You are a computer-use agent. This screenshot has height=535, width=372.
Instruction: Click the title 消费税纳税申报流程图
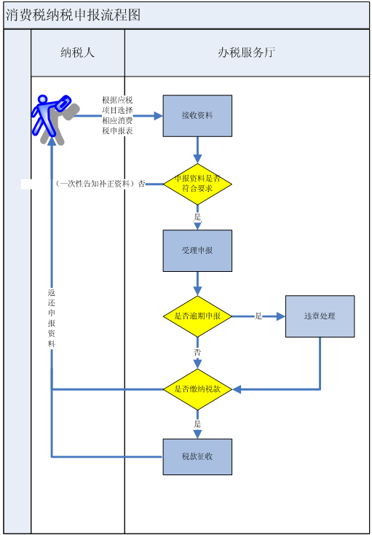point(73,15)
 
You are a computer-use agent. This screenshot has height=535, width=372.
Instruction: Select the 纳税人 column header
point(78,52)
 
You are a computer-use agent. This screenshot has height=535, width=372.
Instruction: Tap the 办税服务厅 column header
point(247,52)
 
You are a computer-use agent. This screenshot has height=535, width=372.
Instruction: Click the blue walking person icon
point(51,116)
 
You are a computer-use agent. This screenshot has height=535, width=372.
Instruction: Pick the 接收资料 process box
point(197,116)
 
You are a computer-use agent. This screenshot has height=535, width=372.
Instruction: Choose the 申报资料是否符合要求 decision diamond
point(197,184)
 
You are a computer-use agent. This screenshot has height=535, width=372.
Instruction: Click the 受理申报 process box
point(197,251)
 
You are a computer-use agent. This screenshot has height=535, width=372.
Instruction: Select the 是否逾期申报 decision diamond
point(197,316)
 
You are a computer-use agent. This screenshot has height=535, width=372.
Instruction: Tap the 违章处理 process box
point(320,316)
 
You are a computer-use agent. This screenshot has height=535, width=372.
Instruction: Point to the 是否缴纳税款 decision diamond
point(197,389)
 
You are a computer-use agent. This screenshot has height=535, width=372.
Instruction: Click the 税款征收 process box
point(197,456)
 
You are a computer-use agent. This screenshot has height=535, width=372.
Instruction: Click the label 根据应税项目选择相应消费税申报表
point(117,116)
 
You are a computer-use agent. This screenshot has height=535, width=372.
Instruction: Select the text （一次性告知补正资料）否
point(100,184)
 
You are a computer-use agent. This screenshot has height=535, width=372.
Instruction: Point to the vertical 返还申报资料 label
point(52,319)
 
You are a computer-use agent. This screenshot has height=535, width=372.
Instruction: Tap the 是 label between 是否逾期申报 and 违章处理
point(258,316)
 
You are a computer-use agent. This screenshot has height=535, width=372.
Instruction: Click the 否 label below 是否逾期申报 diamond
point(197,353)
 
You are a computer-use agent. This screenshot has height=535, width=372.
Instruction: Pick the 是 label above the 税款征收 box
point(197,424)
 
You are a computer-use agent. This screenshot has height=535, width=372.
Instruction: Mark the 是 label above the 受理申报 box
point(197,217)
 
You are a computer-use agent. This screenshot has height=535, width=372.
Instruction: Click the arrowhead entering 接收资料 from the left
point(158,116)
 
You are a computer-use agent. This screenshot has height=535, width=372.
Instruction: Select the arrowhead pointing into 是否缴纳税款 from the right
point(237,389)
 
